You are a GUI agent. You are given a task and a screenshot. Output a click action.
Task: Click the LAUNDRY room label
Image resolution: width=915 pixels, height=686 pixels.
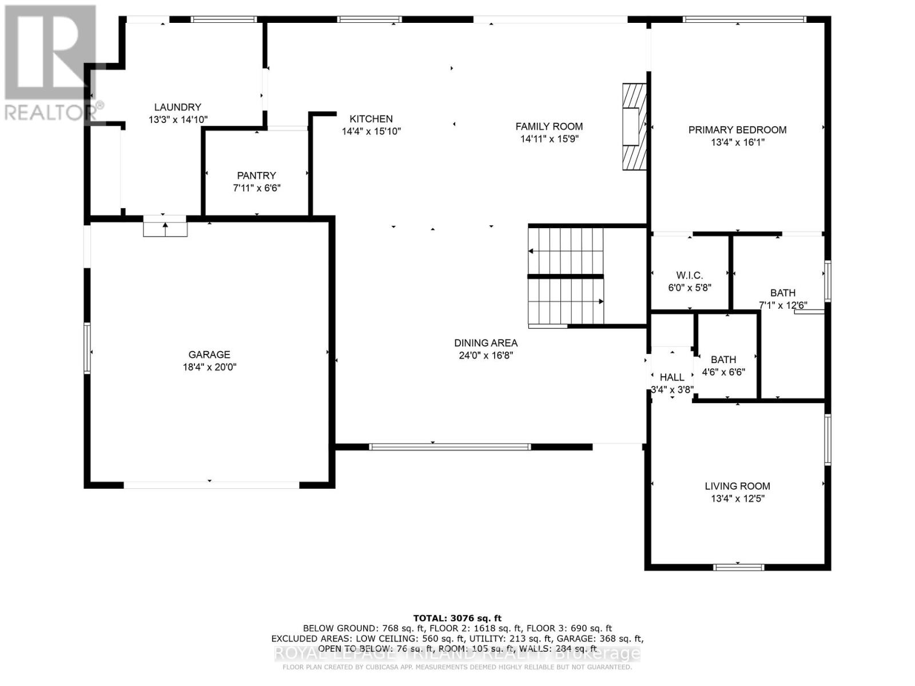pyautogui.click(x=177, y=107)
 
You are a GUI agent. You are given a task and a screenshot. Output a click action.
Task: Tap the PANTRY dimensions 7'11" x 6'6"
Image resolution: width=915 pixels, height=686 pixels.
pyautogui.click(x=256, y=188)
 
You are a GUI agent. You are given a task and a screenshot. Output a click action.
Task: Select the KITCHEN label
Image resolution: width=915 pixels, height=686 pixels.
pyautogui.click(x=371, y=119)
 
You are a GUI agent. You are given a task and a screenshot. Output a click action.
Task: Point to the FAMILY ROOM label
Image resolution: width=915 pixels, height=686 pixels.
pyautogui.click(x=549, y=126)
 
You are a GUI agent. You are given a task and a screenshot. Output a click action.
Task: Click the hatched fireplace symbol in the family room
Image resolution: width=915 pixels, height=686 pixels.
pyautogui.click(x=634, y=127)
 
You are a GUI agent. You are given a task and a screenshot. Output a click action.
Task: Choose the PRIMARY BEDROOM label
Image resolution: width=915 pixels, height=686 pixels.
pyautogui.click(x=737, y=130)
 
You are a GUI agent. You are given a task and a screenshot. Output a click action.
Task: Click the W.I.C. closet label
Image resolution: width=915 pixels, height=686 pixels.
pyautogui.click(x=689, y=276)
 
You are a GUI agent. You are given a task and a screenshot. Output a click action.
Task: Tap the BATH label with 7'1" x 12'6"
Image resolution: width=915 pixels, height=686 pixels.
pyautogui.click(x=782, y=293)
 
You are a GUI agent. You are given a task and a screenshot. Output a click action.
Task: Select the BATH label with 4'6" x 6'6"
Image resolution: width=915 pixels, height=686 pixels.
pyautogui.click(x=723, y=360)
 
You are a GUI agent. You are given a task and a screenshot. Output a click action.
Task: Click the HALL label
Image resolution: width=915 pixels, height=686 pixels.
pyautogui.click(x=672, y=377)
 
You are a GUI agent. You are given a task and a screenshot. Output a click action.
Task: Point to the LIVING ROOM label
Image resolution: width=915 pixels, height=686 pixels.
pyautogui.click(x=737, y=486)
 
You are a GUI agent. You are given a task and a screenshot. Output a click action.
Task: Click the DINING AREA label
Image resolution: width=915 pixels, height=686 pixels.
pyautogui.click(x=486, y=343)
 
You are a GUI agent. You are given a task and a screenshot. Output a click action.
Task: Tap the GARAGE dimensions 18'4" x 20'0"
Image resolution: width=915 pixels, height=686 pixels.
pyautogui.click(x=209, y=367)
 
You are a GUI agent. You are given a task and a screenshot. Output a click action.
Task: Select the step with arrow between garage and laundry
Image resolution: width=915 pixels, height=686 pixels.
pyautogui.click(x=165, y=226)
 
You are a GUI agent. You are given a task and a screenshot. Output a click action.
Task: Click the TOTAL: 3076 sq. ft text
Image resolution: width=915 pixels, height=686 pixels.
pyautogui.click(x=457, y=618)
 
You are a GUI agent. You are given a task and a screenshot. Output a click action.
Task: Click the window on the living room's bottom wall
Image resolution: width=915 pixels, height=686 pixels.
pyautogui.click(x=738, y=567)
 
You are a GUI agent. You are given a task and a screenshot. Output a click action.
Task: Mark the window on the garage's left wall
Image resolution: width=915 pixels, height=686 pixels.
pyautogui.click(x=87, y=348)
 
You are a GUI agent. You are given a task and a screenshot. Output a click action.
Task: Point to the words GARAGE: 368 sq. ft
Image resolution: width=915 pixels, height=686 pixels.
pyautogui.click(x=608, y=638)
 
